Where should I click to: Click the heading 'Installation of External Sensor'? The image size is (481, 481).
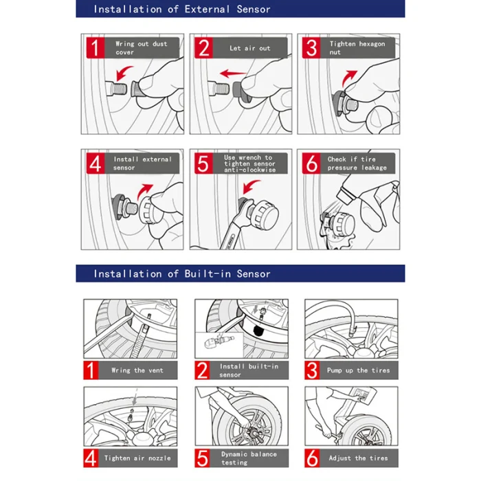tap(182, 10)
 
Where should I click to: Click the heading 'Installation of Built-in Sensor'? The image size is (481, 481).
tap(182, 273)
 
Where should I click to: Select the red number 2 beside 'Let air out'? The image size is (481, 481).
tap(203, 48)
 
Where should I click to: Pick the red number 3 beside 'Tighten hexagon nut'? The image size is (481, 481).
tap(312, 48)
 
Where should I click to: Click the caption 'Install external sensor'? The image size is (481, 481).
tap(142, 164)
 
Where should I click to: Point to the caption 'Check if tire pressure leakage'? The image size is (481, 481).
tap(357, 164)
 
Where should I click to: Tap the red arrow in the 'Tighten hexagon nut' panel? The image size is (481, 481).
tap(351, 74)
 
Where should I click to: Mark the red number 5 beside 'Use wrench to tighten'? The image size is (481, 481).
tap(203, 164)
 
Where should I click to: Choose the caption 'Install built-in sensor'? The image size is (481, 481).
tap(249, 370)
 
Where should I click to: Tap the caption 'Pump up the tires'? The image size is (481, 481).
tap(358, 370)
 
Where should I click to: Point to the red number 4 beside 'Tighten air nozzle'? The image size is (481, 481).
tap(91, 458)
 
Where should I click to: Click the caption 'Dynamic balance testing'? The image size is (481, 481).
tap(249, 458)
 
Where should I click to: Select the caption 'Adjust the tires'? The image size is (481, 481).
tap(358, 458)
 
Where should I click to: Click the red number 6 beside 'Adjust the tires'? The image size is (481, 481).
tap(313, 458)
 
